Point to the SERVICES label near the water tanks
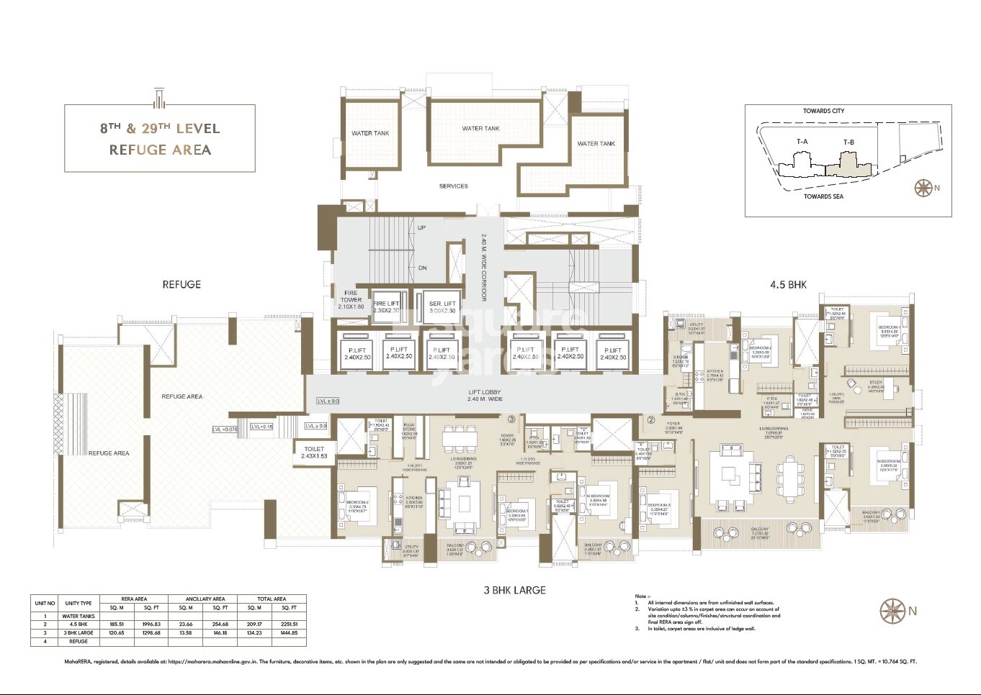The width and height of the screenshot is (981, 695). point(454,186)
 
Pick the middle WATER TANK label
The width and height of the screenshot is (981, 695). point(480,129)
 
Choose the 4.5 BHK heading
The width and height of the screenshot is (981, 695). point(788,285)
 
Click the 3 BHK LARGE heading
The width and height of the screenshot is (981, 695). point(514,590)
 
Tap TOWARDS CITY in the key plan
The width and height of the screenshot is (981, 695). point(823,111)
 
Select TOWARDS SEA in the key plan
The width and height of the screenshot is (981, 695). point(823,196)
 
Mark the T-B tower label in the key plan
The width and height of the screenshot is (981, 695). point(848,142)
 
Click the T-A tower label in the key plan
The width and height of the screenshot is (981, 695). point(802,142)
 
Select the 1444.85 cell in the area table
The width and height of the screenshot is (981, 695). point(288,633)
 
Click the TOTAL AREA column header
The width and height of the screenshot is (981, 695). point(272,599)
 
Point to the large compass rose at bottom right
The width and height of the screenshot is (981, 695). point(893,612)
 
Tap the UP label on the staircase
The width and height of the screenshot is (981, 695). point(421,228)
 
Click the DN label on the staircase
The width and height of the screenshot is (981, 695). point(422,268)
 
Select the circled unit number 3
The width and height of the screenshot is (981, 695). point(511,419)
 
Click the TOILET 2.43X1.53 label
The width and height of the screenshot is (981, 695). point(314,453)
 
